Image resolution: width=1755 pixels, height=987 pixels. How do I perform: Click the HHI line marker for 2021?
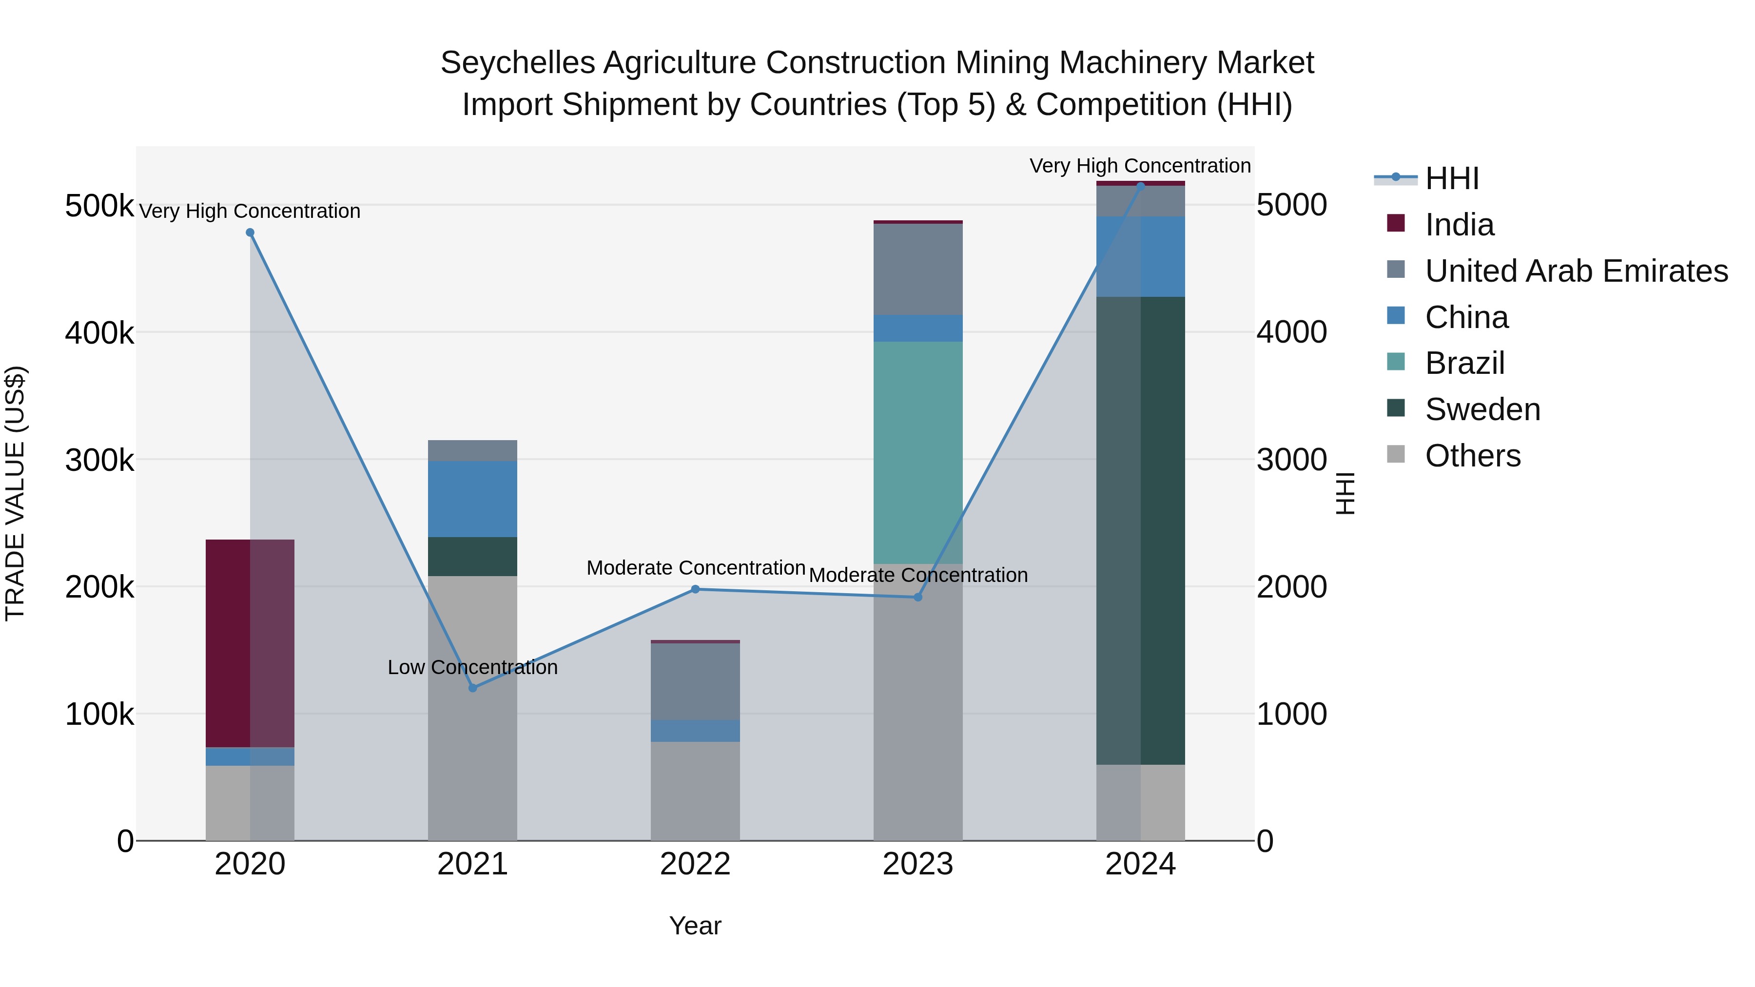pos(473,688)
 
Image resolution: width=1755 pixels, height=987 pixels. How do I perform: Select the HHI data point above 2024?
pos(1140,186)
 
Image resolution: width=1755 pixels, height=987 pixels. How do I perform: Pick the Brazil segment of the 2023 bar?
pos(917,452)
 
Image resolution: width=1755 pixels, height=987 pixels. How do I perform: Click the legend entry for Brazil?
pos(1465,363)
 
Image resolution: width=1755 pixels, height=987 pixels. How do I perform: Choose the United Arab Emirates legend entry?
pos(1576,271)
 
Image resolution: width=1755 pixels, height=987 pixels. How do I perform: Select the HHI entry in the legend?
pos(1451,178)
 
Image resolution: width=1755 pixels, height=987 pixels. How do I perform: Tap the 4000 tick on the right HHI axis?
pos(1291,332)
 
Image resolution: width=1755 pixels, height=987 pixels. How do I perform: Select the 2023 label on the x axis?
pos(917,864)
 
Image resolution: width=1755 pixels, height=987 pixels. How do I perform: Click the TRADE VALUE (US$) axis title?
pos(15,493)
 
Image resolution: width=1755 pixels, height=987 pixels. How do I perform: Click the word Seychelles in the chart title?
pos(518,63)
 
